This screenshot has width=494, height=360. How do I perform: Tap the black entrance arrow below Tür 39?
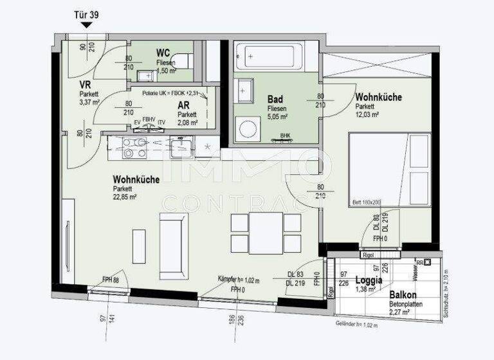point(87,25)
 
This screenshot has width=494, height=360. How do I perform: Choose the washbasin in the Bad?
point(244,91)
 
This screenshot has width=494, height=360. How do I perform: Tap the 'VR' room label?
point(84,85)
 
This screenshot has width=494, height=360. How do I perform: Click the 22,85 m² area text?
point(125,197)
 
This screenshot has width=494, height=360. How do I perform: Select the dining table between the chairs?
point(266,233)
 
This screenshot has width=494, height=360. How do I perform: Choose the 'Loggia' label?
point(369,280)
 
